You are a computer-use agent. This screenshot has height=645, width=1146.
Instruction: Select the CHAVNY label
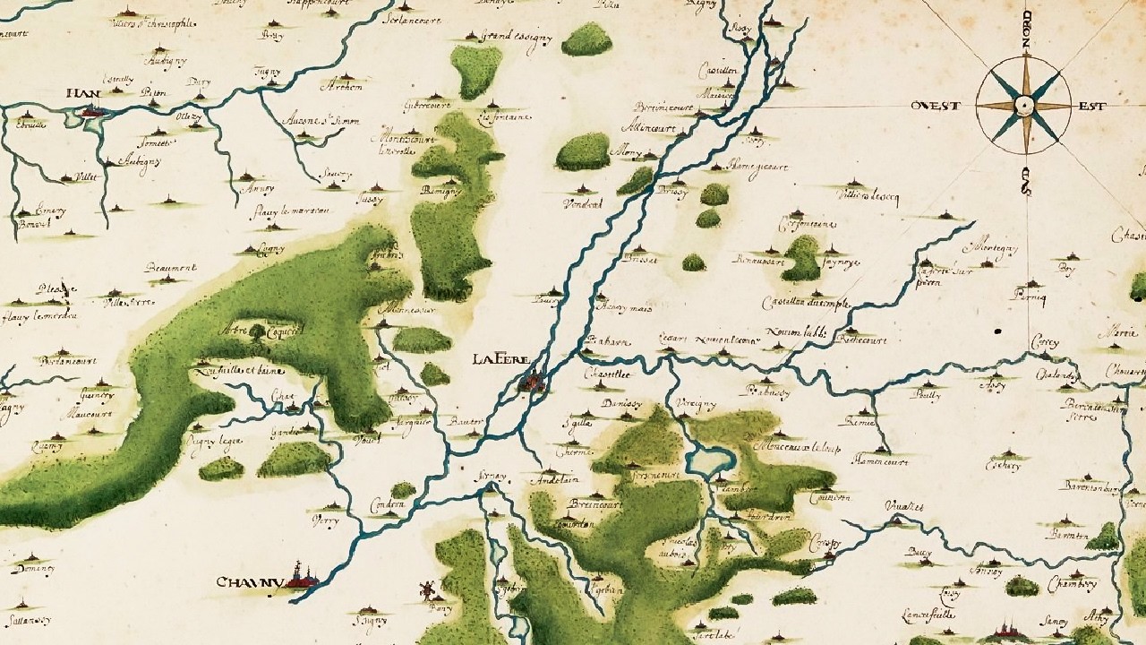point(250,583)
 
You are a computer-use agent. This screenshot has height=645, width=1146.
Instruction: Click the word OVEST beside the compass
point(936,106)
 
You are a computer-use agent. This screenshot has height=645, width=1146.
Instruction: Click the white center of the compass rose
point(1023,107)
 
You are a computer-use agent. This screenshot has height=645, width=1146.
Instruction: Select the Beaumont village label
point(169,268)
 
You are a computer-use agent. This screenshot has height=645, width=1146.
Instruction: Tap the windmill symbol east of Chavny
point(427,590)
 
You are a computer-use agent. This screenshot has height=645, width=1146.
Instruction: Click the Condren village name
point(388,506)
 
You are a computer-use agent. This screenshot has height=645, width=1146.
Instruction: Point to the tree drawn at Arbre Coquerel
point(259,331)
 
